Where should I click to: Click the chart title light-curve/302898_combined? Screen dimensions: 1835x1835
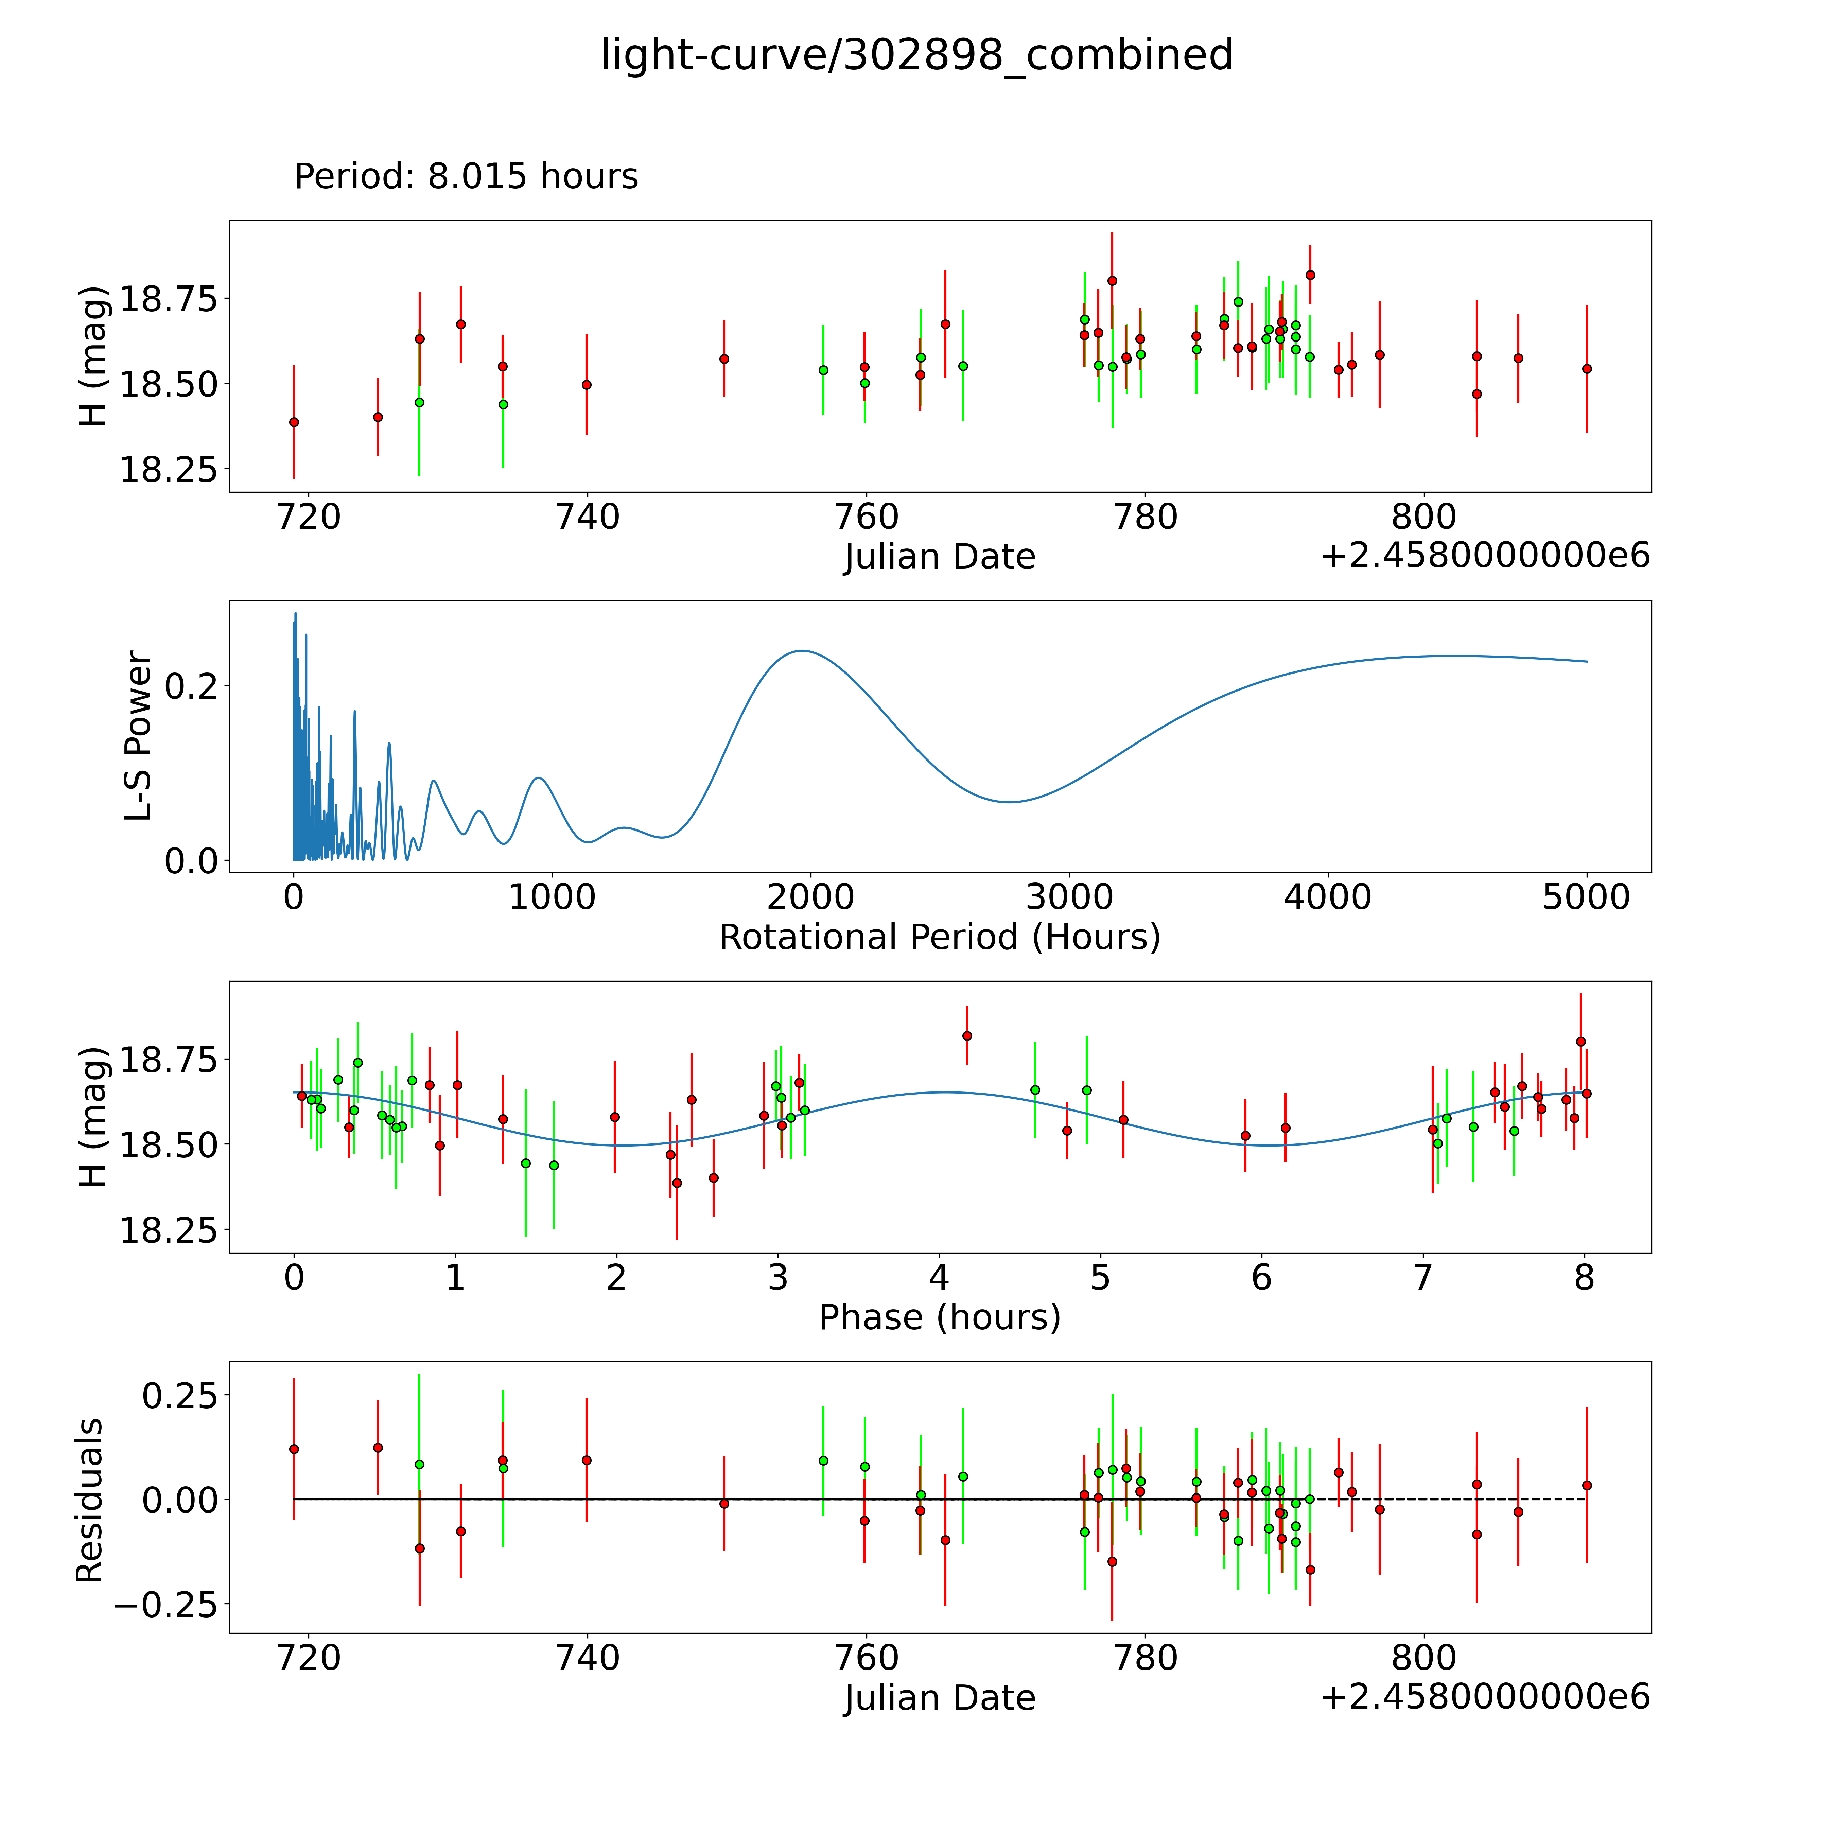click(916, 55)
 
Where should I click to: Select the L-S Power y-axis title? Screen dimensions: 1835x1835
click(139, 736)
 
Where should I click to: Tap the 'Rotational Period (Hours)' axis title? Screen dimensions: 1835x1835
click(939, 938)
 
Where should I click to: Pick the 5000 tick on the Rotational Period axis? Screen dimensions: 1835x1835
click(1586, 897)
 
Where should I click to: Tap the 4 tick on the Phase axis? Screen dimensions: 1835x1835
click(939, 1278)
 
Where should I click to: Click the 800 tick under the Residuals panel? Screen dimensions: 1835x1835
click(1424, 1658)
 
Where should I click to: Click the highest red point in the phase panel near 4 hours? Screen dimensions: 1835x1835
click(967, 1035)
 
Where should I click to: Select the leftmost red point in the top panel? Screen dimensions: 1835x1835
click(294, 422)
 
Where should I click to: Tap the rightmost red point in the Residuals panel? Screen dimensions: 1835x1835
click(1586, 1485)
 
